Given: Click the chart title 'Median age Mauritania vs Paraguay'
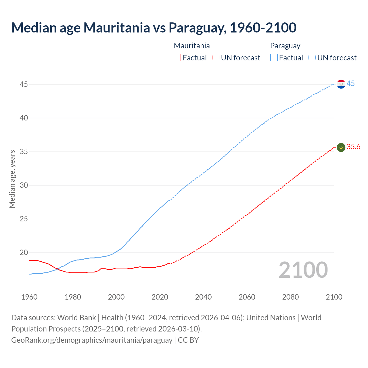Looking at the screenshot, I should pyautogui.click(x=154, y=28).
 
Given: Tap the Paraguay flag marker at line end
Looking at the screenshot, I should pyautogui.click(x=341, y=84).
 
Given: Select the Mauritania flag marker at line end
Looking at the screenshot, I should pyautogui.click(x=341, y=147).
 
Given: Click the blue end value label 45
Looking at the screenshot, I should pyautogui.click(x=350, y=84).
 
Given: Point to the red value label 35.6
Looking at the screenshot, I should pyautogui.click(x=353, y=147).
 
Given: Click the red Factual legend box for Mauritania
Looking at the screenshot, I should pyautogui.click(x=177, y=58).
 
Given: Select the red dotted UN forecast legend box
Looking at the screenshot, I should pyautogui.click(x=216, y=58).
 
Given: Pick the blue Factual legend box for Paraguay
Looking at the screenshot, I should pyautogui.click(x=274, y=58).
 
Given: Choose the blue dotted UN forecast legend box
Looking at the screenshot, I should pyautogui.click(x=312, y=58).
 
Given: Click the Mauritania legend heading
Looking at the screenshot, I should pyautogui.click(x=192, y=46).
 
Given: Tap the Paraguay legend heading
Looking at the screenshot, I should pyautogui.click(x=285, y=46).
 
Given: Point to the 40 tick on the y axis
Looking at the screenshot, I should pyautogui.click(x=24, y=118).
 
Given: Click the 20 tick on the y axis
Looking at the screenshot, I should pyautogui.click(x=24, y=253).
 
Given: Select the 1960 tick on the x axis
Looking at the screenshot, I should pyautogui.click(x=29, y=297).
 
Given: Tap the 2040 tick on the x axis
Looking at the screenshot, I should pyautogui.click(x=203, y=297).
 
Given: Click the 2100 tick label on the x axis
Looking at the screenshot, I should pyautogui.click(x=334, y=297).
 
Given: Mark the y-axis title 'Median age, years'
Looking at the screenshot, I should pyautogui.click(x=12, y=179).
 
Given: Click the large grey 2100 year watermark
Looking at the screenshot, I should pyautogui.click(x=303, y=270).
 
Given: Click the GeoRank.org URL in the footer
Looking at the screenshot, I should pyautogui.click(x=92, y=340).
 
